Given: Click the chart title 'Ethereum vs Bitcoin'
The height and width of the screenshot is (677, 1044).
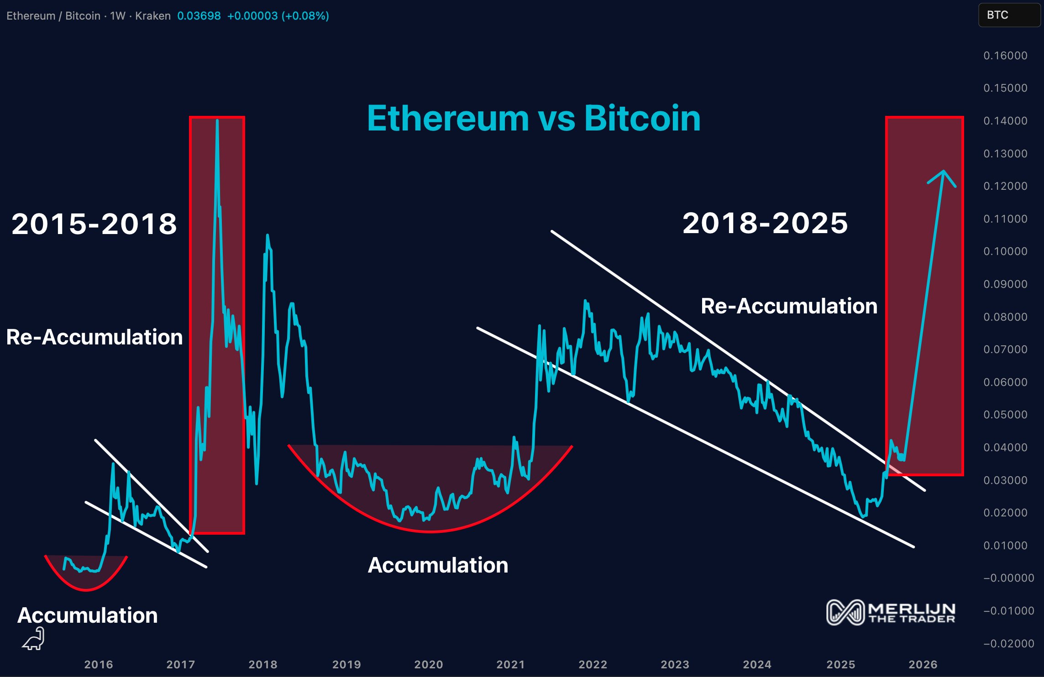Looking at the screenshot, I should (x=533, y=119).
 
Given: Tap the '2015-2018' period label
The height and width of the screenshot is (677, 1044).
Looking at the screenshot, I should (x=94, y=224).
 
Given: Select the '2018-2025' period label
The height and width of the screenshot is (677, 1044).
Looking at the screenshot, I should (x=765, y=223).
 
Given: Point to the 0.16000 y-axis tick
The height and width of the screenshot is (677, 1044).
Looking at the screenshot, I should (x=1005, y=56).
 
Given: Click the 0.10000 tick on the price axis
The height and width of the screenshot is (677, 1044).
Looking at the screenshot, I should (x=1005, y=251).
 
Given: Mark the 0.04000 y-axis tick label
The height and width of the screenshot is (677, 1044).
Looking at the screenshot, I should (x=1005, y=448).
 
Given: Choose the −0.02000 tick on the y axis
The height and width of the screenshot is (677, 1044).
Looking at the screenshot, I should (x=1008, y=644).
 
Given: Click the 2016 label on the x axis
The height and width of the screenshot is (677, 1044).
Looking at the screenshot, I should (x=99, y=664).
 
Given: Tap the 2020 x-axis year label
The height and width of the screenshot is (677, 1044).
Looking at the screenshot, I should (x=428, y=664).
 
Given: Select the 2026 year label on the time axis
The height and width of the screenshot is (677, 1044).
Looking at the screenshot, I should (x=923, y=664).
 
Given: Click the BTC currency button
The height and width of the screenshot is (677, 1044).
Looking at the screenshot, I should (x=997, y=15).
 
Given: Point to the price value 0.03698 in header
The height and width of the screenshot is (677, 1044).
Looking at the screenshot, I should (x=199, y=16).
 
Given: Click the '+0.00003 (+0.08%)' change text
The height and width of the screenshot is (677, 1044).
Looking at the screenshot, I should (x=278, y=16).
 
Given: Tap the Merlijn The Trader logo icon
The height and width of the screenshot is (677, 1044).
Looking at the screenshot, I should (x=845, y=612).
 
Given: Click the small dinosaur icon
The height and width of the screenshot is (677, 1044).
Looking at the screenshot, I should (x=34, y=638).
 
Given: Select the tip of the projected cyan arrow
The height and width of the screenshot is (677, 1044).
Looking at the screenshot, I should (x=943, y=172).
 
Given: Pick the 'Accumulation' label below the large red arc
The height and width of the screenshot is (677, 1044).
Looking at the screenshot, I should (x=438, y=565).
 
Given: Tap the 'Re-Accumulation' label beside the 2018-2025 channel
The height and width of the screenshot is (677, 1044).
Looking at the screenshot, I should (x=789, y=306).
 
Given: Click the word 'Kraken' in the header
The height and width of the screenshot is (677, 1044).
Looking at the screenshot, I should (x=152, y=16).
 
